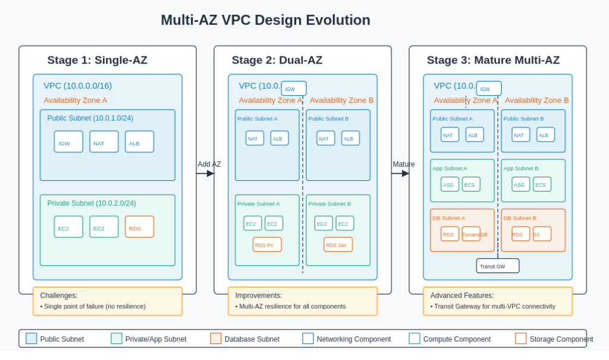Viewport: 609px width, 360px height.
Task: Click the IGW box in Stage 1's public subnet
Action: tap(68, 142)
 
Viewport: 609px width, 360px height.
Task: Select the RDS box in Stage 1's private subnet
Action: tap(139, 227)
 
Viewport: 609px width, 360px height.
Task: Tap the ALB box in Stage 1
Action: tap(139, 142)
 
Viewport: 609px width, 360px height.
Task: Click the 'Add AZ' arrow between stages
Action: tap(205, 173)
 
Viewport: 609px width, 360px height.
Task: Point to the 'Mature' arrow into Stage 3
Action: tap(400, 173)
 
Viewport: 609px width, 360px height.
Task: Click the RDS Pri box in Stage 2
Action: tap(267, 245)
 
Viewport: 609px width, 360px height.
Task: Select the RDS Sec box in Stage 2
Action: tap(338, 245)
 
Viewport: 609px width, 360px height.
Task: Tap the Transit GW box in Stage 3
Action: tap(498, 266)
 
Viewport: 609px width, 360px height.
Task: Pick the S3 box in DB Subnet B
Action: tap(542, 234)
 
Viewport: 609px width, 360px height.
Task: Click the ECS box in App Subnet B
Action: tap(542, 184)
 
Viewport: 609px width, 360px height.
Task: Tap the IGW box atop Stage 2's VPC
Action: tap(294, 89)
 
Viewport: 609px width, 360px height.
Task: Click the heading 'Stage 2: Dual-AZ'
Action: tap(277, 60)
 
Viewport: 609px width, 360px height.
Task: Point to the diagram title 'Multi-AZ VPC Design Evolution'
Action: tap(265, 20)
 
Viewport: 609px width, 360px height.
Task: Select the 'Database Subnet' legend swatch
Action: tap(216, 339)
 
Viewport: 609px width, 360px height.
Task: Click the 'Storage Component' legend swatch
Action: tap(521, 339)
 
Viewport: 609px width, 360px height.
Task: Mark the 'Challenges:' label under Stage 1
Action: tap(59, 295)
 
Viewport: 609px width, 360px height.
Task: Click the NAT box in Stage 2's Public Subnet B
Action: tap(325, 138)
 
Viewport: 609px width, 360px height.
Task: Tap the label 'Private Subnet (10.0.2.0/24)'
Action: tap(92, 204)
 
